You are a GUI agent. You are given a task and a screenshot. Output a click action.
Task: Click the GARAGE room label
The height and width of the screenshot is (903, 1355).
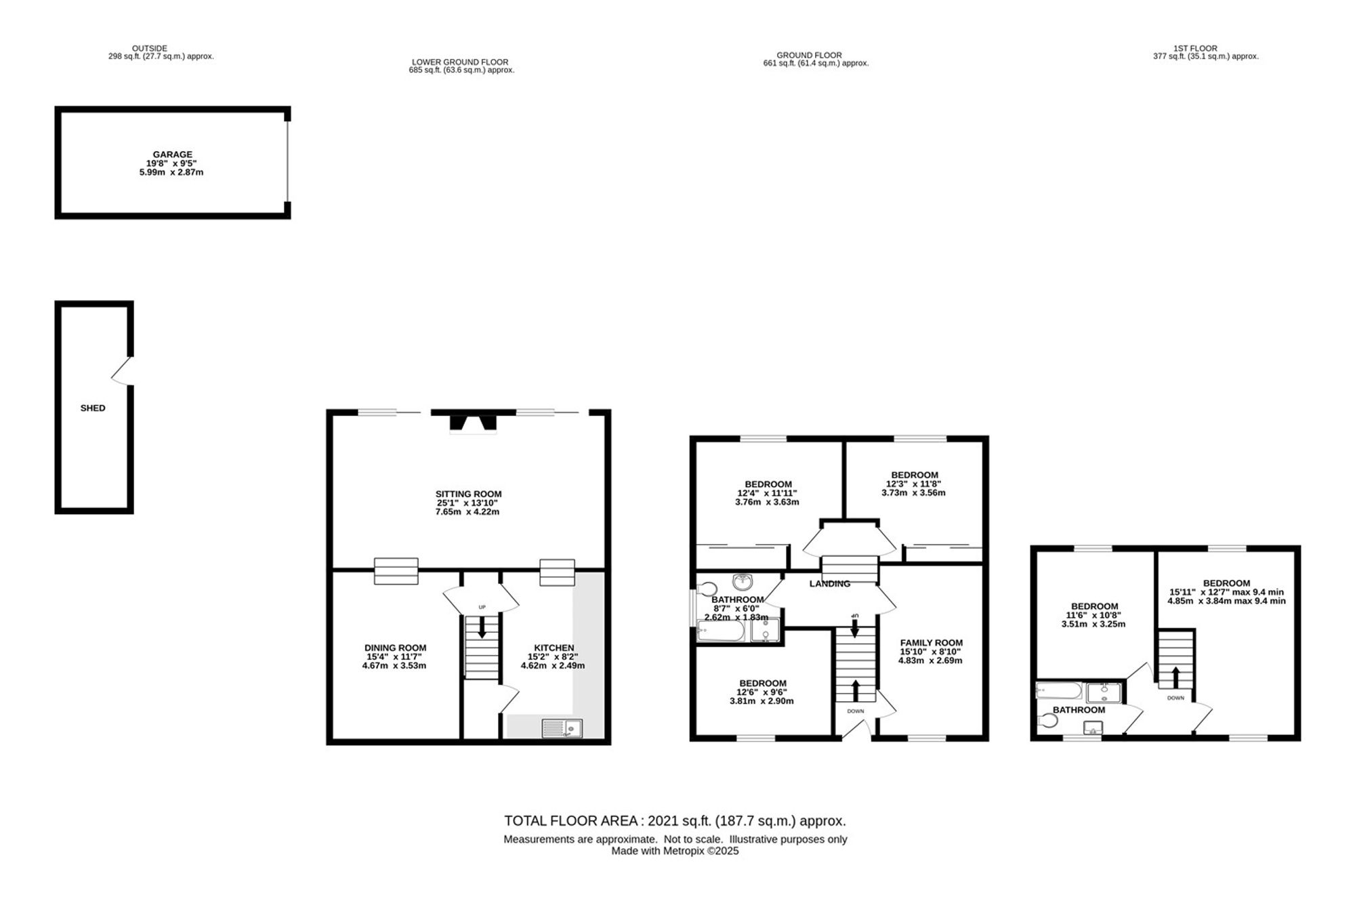172,154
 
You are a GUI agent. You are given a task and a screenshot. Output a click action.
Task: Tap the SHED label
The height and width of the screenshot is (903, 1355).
93,408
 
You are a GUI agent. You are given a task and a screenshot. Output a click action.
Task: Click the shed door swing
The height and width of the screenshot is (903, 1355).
122,371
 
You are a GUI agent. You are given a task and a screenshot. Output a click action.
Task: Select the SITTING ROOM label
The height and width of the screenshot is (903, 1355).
468,494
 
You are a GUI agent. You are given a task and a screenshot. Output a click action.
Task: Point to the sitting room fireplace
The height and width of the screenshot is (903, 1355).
474,422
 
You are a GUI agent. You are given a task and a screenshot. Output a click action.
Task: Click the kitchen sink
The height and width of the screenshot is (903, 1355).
562,728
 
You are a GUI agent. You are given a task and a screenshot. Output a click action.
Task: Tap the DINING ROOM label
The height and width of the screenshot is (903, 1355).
395,648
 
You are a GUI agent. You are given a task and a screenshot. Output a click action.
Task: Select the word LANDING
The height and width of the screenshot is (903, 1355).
830,583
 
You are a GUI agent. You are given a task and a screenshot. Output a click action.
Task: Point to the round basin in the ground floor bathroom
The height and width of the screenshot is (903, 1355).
743,581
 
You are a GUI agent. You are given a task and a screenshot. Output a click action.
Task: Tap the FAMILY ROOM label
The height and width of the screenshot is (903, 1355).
931,643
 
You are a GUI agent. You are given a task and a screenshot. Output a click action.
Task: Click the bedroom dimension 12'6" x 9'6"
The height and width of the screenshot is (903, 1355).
763,692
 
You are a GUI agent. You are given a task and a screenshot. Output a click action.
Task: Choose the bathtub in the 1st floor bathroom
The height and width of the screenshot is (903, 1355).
1059,691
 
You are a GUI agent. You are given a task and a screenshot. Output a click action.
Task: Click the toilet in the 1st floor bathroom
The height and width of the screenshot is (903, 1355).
1047,721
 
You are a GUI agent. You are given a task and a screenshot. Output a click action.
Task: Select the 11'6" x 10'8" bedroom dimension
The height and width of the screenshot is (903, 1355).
1094,615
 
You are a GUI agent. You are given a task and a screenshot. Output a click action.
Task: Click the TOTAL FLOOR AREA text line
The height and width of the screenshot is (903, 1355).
675,821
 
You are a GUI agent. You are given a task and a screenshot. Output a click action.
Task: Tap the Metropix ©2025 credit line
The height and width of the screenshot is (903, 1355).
675,852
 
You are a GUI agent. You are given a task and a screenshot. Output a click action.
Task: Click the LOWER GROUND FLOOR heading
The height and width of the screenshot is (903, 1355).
460,62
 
